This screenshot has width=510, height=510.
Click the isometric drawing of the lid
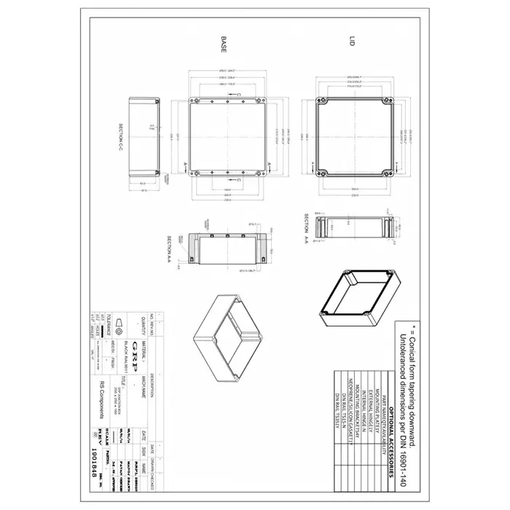[356, 299]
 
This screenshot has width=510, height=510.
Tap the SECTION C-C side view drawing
[144, 137]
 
